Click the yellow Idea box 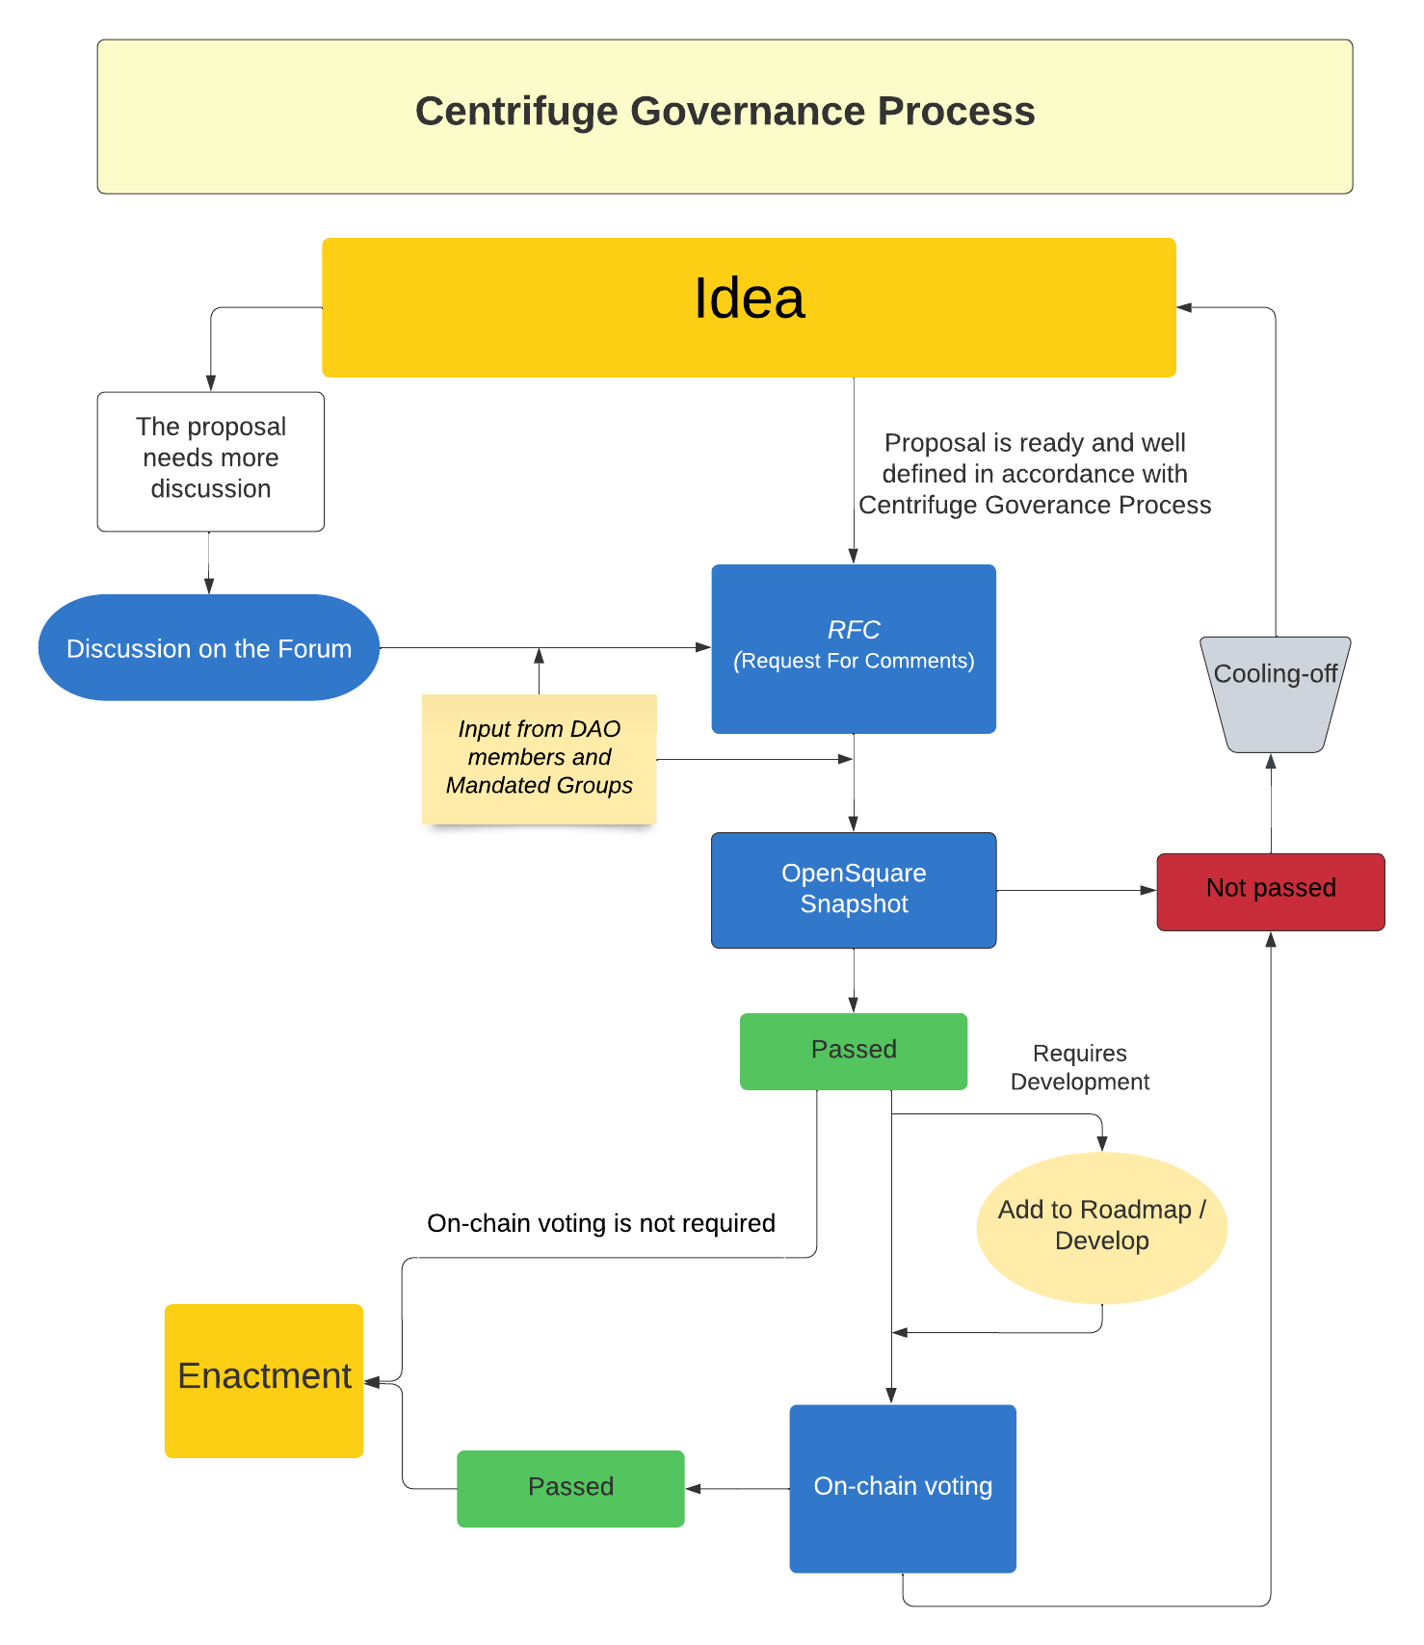coord(749,307)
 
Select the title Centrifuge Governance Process coord(725,112)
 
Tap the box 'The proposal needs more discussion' coord(210,460)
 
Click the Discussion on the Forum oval coord(209,648)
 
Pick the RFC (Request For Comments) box coord(854,648)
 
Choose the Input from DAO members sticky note coord(539,757)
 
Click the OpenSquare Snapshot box coord(854,889)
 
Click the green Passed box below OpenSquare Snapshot coord(854,1051)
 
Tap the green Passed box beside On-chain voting coord(570,1488)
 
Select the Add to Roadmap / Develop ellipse coord(1101,1226)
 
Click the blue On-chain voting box coord(903,1488)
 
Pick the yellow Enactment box coord(264,1379)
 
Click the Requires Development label coord(1079,1067)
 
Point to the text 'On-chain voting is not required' coord(600,1223)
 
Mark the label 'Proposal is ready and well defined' coord(1035,474)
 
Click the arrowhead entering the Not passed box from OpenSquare coord(1148,891)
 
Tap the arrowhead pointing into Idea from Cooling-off coord(1185,307)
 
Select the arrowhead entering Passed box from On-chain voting coord(693,1489)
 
